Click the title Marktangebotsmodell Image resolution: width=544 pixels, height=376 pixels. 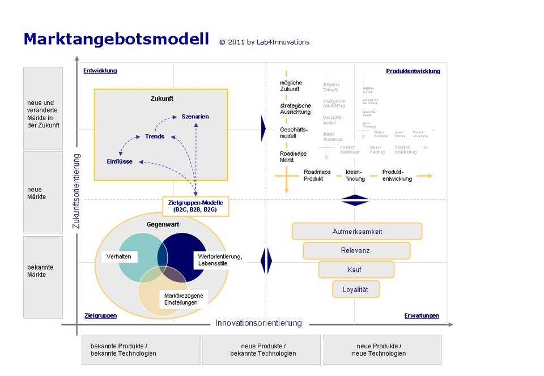coord(116,39)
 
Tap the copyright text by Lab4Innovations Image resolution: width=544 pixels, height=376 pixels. coord(265,42)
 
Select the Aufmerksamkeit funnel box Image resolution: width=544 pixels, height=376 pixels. coord(357,231)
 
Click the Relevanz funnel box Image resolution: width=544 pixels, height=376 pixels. coord(356,250)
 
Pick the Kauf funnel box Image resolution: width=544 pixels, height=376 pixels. coord(355,270)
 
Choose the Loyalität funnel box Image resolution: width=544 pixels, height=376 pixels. coord(355,289)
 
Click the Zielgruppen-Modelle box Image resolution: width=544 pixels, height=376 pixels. coord(195,206)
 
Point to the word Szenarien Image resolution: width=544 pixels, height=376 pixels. coord(195,117)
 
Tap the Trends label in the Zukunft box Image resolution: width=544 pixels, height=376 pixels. coord(155,136)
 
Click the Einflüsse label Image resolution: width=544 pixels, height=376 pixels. coord(120,161)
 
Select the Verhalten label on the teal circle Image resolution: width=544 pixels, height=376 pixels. coord(119,257)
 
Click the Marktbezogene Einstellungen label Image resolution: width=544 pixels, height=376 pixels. coord(182,299)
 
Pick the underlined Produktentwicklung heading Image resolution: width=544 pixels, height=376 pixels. coord(413,71)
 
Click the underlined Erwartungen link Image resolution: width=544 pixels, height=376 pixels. coord(421,315)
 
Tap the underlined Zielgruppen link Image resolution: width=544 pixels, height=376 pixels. coord(100,315)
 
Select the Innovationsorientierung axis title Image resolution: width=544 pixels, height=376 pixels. coord(258,323)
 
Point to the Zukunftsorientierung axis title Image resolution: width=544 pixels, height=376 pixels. coord(76,191)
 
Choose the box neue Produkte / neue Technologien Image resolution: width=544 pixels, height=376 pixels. coord(381,349)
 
